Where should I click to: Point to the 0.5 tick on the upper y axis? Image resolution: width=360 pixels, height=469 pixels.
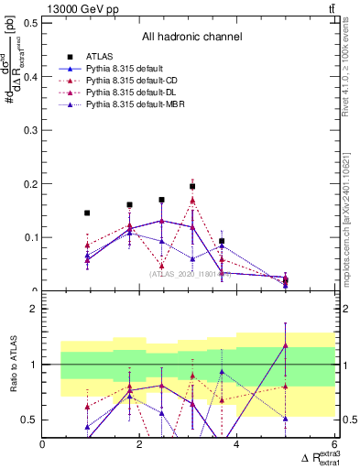[31, 23]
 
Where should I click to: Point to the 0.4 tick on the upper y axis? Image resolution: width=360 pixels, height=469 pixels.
[31, 77]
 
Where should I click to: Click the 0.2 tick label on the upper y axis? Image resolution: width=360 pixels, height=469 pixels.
[31, 184]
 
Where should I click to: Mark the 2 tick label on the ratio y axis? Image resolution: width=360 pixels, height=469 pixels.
[35, 309]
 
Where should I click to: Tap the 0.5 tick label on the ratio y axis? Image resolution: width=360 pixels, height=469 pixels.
[31, 420]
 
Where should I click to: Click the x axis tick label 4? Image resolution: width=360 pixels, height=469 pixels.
[237, 444]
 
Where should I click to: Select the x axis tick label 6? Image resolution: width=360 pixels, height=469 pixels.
[333, 444]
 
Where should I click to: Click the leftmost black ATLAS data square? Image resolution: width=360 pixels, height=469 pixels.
[87, 213]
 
